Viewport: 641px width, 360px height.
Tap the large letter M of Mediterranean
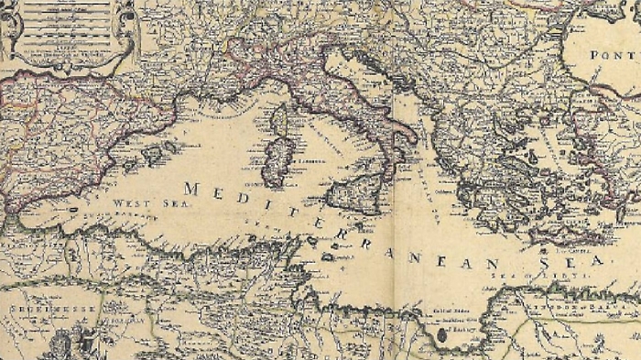coord(191,189)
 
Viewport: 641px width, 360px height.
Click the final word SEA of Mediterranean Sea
coord(575,261)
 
